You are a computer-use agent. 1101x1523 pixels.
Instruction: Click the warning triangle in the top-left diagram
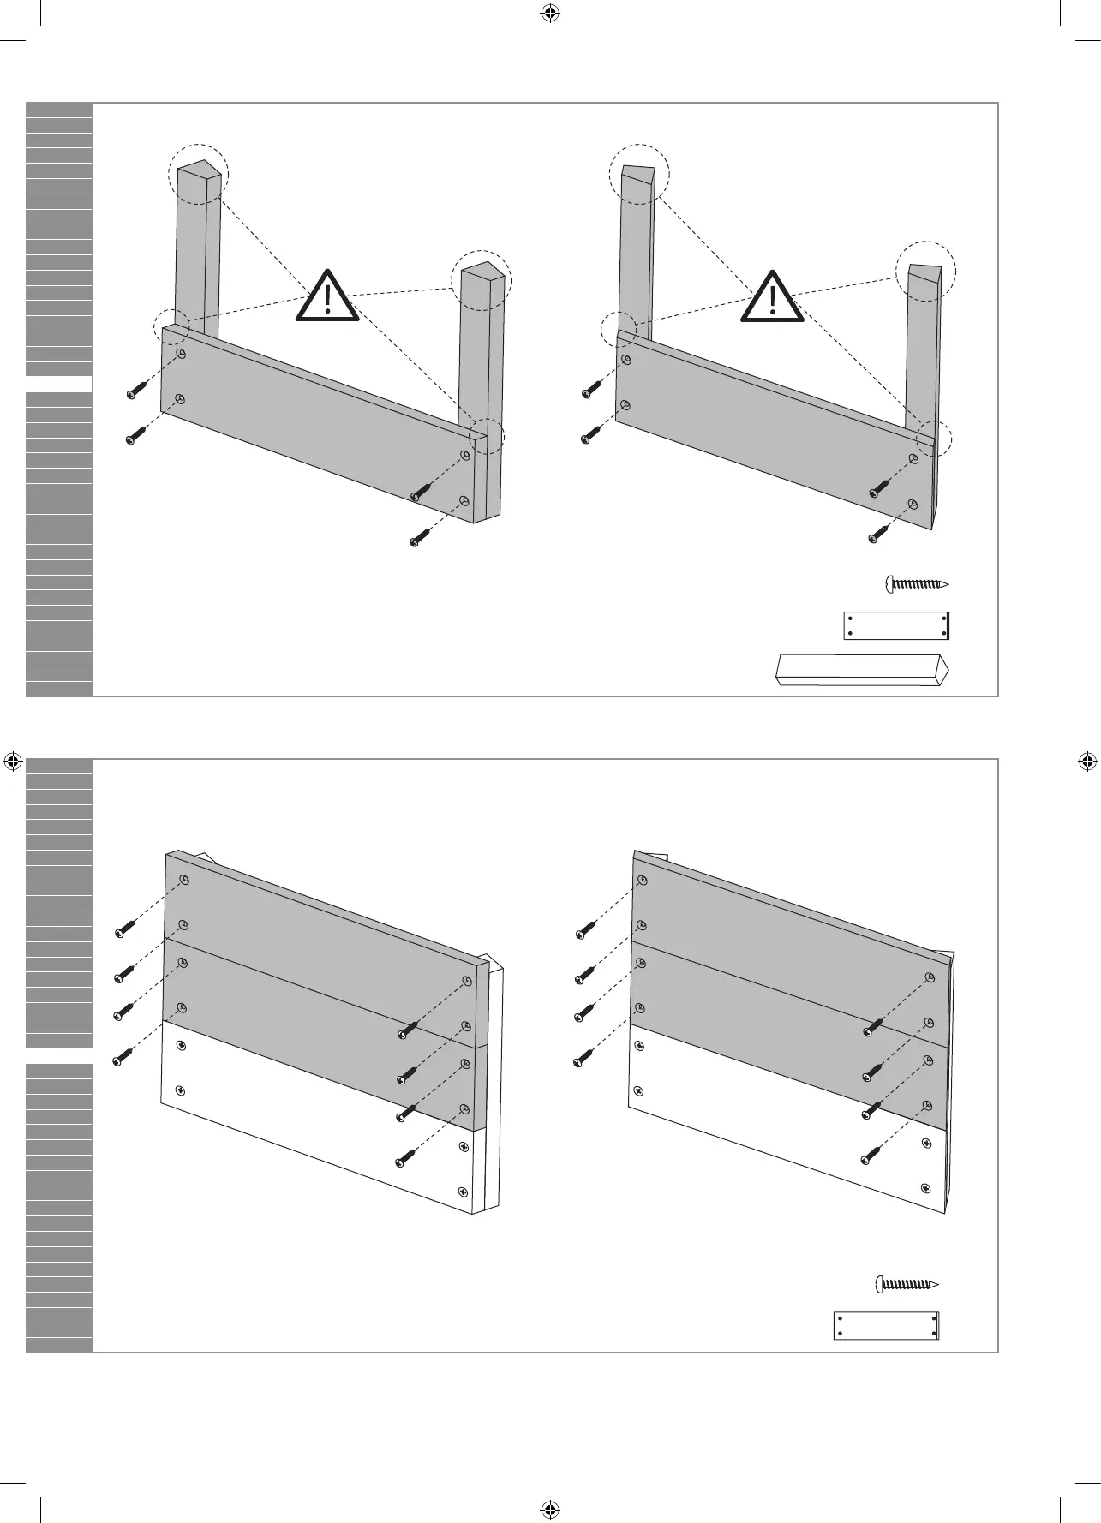click(x=327, y=297)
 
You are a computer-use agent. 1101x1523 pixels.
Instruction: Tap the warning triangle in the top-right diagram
click(x=773, y=298)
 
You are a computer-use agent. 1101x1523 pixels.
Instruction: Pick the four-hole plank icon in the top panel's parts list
click(x=896, y=625)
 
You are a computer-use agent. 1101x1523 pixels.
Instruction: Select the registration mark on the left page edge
click(x=13, y=761)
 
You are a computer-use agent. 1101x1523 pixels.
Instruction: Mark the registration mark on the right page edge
click(x=1086, y=761)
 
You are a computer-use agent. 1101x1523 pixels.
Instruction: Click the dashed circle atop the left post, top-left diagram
click(x=199, y=173)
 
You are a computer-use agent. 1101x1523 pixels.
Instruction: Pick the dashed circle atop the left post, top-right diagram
click(x=639, y=174)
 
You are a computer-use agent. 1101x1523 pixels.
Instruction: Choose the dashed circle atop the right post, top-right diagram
click(x=925, y=271)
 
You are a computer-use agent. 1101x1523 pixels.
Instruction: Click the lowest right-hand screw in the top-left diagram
click(x=418, y=540)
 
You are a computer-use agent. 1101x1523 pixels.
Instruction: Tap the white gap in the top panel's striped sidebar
click(x=59, y=384)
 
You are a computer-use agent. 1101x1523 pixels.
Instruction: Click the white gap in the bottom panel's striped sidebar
click(x=59, y=1055)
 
